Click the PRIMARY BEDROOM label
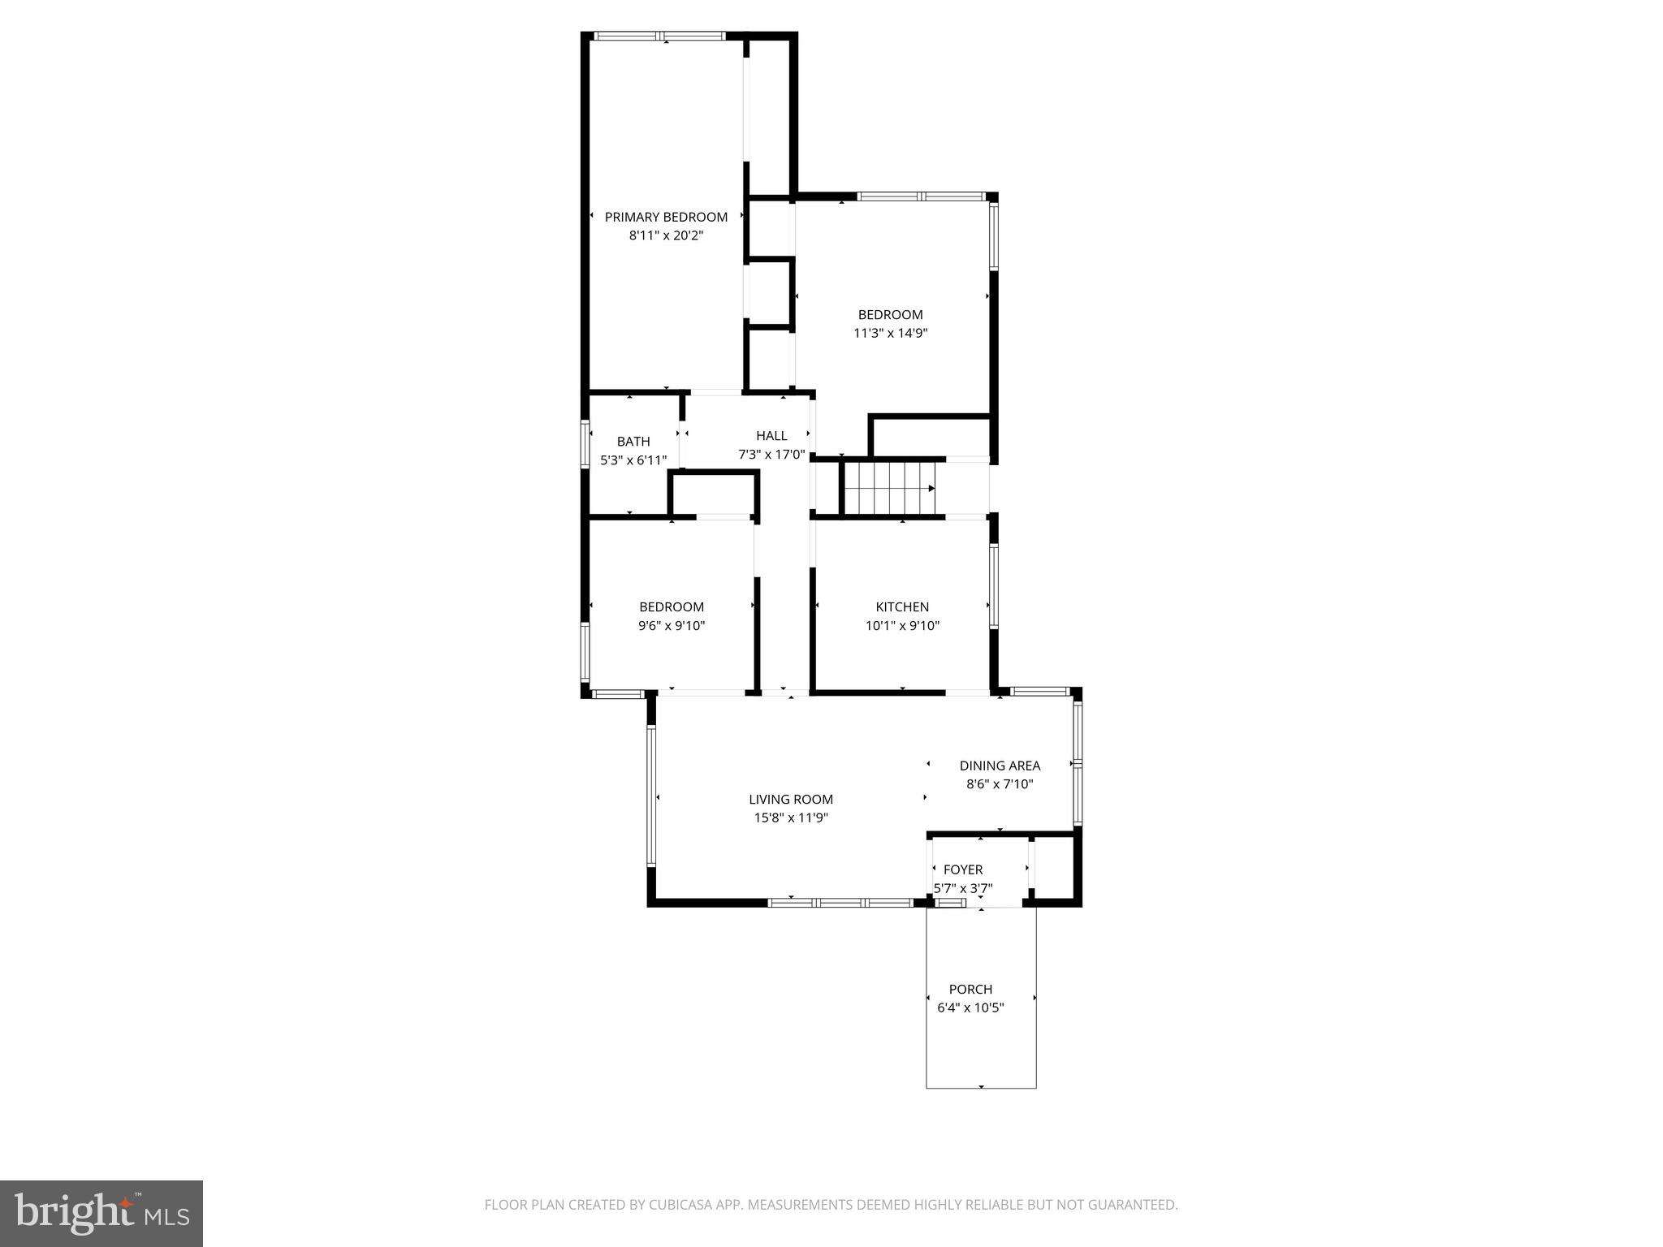pyautogui.click(x=666, y=217)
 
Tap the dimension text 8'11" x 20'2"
pyautogui.click(x=666, y=236)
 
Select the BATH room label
pyautogui.click(x=633, y=442)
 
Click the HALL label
pyautogui.click(x=771, y=436)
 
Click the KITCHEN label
pyautogui.click(x=902, y=607)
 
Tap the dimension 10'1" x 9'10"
pyautogui.click(x=902, y=626)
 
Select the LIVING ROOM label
pyautogui.click(x=791, y=800)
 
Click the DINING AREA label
pyautogui.click(x=1000, y=766)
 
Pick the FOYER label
pyautogui.click(x=963, y=869)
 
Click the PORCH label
pyautogui.click(x=970, y=989)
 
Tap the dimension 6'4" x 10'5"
pyautogui.click(x=970, y=1008)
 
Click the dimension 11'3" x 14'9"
pyautogui.click(x=891, y=333)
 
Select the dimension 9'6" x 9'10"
pyautogui.click(x=672, y=626)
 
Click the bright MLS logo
pyautogui.click(x=101, y=1213)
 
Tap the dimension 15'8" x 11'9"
pyautogui.click(x=791, y=818)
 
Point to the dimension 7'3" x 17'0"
pyautogui.click(x=771, y=455)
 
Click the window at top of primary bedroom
pyautogui.click(x=659, y=36)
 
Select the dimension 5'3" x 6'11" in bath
pyautogui.click(x=633, y=460)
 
